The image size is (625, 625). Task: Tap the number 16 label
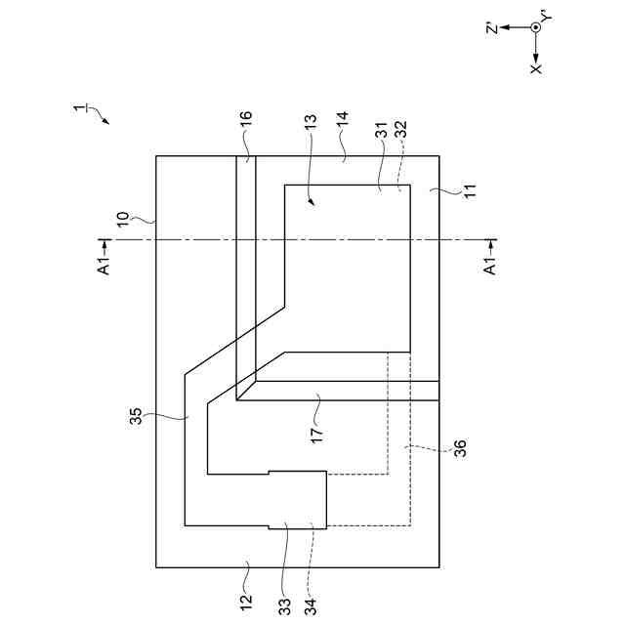click(x=247, y=121)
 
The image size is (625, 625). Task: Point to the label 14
click(x=343, y=121)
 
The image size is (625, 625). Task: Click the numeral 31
click(x=381, y=127)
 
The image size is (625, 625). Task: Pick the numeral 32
click(x=401, y=127)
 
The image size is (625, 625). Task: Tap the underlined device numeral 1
click(x=82, y=108)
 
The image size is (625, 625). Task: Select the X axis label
click(x=535, y=69)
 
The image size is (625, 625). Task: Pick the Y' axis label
click(x=547, y=16)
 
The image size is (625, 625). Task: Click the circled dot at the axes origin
click(x=535, y=27)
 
